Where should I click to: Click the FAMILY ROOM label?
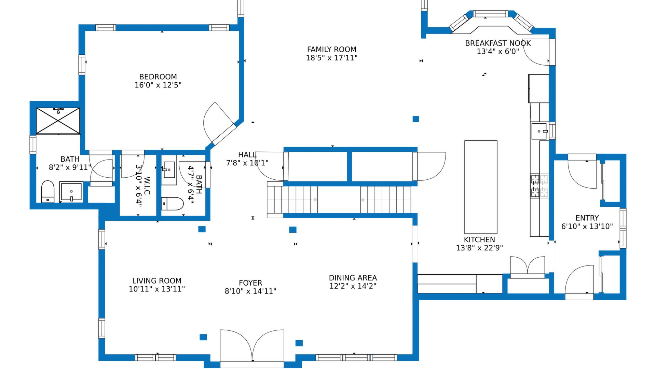click(331, 50)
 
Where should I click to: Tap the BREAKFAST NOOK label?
click(498, 43)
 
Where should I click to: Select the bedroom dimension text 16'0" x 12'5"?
click(158, 85)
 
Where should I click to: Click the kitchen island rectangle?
click(481, 187)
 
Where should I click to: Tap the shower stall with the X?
click(58, 121)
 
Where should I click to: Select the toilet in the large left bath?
click(48, 192)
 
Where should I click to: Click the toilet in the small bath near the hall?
click(172, 204)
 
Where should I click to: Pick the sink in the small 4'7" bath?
click(169, 170)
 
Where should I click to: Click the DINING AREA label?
click(353, 278)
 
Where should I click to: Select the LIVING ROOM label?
click(157, 281)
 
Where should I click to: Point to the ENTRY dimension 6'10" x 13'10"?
click(587, 226)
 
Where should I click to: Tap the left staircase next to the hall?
click(292, 200)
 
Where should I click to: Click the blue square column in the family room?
click(416, 119)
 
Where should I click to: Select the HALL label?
click(247, 155)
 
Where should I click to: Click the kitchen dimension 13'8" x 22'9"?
click(479, 248)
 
